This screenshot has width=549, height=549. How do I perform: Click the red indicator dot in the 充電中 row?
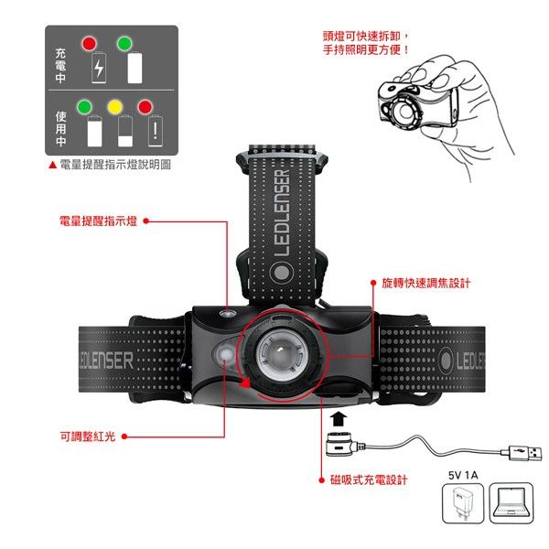point(89,43)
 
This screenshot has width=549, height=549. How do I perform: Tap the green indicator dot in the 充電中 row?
point(124,43)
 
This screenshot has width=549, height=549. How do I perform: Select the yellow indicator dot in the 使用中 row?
point(115,107)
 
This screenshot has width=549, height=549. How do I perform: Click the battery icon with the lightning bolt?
point(99,68)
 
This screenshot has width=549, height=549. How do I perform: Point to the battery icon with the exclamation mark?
point(156,130)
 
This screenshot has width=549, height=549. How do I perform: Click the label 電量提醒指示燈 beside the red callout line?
point(98,221)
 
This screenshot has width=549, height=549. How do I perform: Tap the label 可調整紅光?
point(88,436)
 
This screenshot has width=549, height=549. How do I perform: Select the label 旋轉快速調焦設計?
point(425,284)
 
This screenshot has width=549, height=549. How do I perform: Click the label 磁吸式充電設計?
point(369,480)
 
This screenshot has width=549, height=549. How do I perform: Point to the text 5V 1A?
point(463,475)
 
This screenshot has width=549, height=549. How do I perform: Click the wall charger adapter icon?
point(463,503)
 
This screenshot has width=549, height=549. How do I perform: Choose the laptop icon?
point(511,503)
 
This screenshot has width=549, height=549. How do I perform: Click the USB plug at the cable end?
point(521,453)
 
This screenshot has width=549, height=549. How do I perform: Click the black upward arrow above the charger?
point(339,419)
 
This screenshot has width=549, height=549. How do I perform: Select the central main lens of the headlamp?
point(282,355)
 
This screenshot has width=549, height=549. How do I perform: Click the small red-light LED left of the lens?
point(225,354)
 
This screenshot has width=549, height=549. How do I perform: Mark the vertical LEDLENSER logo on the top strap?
point(282,213)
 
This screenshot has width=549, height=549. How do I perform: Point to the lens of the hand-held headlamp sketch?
point(405,112)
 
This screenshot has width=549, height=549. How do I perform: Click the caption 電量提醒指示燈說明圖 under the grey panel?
point(115,165)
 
